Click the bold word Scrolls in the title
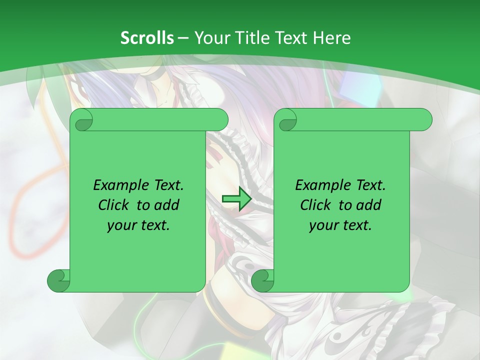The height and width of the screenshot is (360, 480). [x=147, y=38]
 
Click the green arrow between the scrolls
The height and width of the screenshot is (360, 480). [x=237, y=199]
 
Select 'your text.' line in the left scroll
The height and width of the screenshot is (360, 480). [x=138, y=225]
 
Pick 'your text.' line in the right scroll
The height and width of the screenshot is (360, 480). [x=340, y=225]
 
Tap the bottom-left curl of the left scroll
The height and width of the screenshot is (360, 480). [x=58, y=281]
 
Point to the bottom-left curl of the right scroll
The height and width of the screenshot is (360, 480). [x=262, y=281]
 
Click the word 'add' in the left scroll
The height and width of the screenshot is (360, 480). [x=166, y=205]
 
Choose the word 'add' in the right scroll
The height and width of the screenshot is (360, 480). [x=368, y=205]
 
